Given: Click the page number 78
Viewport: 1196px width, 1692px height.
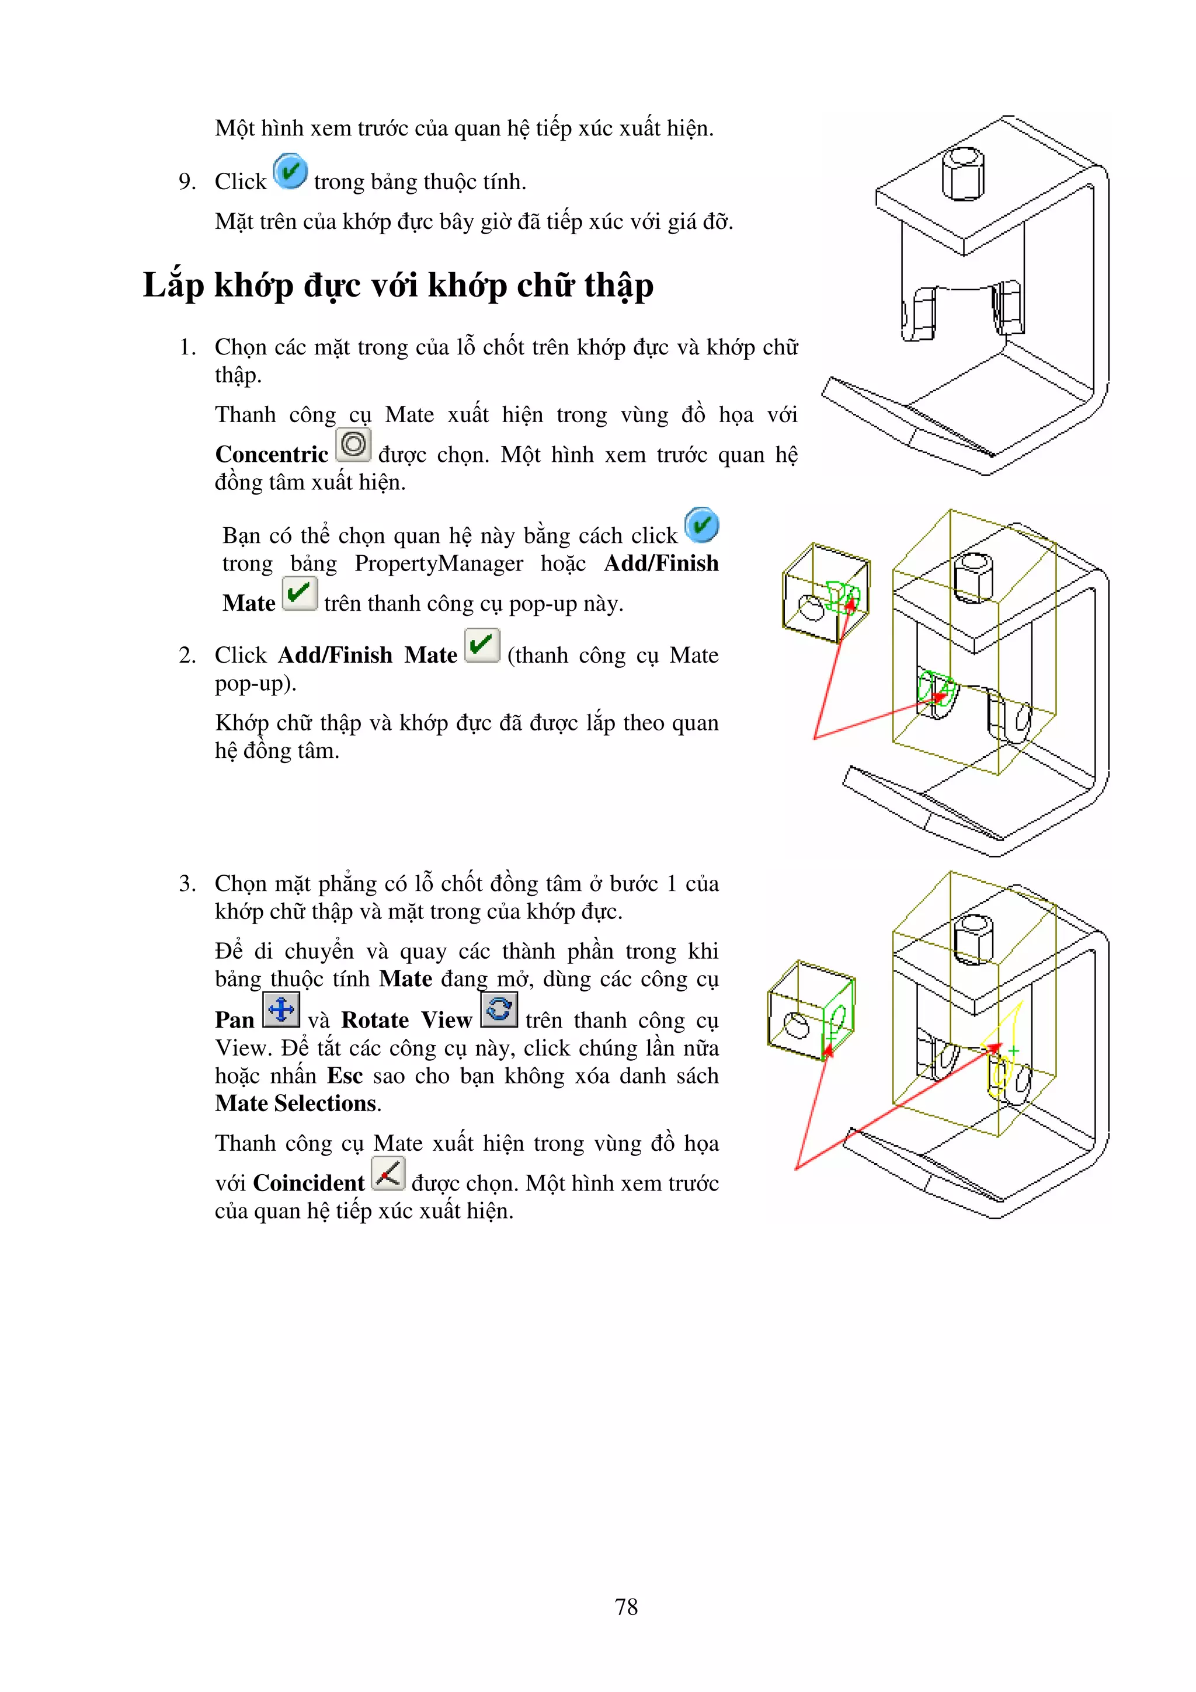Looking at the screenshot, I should tap(625, 1607).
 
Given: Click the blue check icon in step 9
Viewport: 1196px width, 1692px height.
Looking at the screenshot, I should tap(290, 172).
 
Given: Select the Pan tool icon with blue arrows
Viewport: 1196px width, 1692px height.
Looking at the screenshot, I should tap(281, 1009).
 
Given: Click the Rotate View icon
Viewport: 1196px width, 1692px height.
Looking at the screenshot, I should tap(499, 1009).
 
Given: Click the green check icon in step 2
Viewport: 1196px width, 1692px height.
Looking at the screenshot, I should tap(482, 646).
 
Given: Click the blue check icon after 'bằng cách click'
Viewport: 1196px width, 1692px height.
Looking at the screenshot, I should tap(701, 525).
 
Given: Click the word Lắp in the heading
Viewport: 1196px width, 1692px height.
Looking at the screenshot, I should tap(173, 286).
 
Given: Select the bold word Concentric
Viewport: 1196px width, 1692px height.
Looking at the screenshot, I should tap(271, 455).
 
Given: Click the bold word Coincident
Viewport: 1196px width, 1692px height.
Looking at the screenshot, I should tap(308, 1183).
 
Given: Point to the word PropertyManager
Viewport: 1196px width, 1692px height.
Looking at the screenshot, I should tap(439, 564).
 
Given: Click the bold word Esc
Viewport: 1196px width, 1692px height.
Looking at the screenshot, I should tap(345, 1076).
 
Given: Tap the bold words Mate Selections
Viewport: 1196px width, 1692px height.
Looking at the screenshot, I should tap(296, 1104).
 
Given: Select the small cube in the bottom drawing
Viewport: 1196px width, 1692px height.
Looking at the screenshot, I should tap(809, 1011).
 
